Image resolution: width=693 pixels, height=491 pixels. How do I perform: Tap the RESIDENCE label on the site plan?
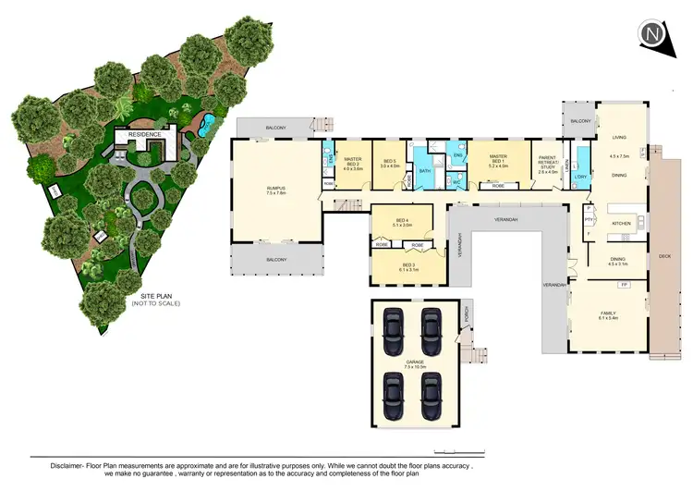pyautogui.click(x=144, y=135)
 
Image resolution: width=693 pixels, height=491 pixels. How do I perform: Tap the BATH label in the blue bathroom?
pyautogui.click(x=425, y=171)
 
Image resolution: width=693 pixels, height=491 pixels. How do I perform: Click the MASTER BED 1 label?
pyautogui.click(x=499, y=160)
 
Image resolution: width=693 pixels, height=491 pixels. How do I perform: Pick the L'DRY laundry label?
pyautogui.click(x=580, y=176)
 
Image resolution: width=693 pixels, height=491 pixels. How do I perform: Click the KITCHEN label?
pyautogui.click(x=621, y=223)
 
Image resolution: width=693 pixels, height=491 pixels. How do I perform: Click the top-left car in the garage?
pyautogui.click(x=394, y=326)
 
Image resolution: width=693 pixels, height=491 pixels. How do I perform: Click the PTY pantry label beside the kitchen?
pyautogui.click(x=588, y=220)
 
